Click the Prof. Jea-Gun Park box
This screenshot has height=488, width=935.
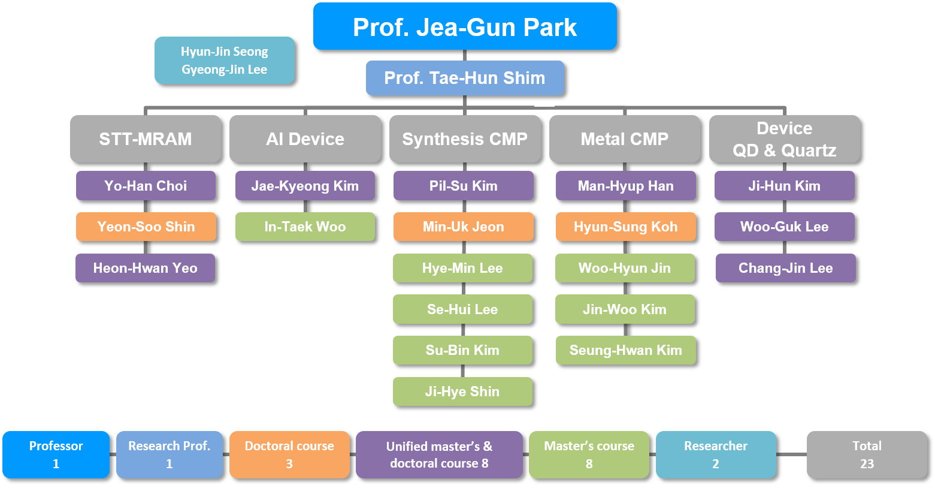465,26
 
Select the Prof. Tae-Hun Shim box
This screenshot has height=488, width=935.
465,78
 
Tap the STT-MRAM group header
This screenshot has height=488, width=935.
146,138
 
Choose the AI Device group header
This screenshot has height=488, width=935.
305,138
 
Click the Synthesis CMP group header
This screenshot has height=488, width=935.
465,138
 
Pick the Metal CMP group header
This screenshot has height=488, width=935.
624,138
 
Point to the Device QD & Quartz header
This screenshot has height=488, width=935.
784,138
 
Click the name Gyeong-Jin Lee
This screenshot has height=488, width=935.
225,70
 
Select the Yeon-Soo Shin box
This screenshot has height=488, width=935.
146,227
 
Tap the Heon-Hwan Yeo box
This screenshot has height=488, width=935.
146,268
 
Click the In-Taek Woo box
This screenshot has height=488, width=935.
305,227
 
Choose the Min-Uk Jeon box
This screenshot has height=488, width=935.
464,227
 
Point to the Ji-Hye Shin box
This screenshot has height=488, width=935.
462,391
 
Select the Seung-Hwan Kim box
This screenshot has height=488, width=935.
626,350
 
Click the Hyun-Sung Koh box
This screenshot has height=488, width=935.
626,227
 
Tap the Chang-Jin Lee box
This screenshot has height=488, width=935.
786,268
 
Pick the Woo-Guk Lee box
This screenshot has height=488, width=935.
785,227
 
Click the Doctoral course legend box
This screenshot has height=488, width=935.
289,454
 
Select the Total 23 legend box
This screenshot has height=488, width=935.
867,454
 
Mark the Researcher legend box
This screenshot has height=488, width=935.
716,454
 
